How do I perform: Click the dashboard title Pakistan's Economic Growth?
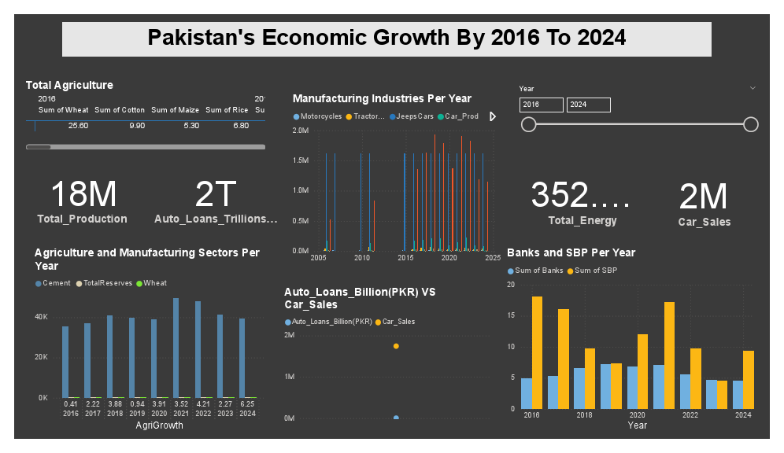[x=386, y=38]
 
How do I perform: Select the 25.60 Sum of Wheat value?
[x=78, y=126]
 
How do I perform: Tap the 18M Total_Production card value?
[x=83, y=193]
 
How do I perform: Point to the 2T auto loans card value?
[x=216, y=193]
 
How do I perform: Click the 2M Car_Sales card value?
[x=704, y=197]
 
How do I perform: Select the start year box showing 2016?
[x=541, y=105]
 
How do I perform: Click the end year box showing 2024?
[x=588, y=105]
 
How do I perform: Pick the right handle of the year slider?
[x=750, y=124]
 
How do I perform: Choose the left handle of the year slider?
[x=529, y=124]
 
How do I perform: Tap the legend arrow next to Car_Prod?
[x=493, y=116]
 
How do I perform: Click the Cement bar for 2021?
[x=176, y=348]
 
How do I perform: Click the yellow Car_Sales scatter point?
[x=396, y=346]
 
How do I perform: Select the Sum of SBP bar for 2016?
[x=538, y=352]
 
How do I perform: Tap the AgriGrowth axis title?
[x=159, y=425]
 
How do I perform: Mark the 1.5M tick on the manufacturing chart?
[x=300, y=160]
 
